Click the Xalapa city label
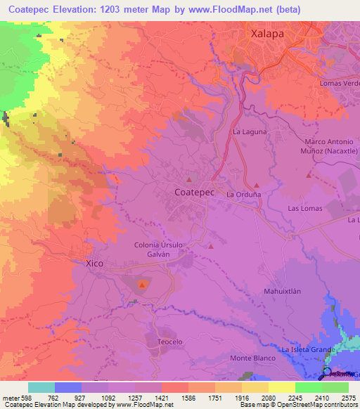(x=269, y=33)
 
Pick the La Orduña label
(x=243, y=194)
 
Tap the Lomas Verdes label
(x=340, y=84)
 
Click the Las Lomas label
(x=305, y=209)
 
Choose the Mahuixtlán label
(x=282, y=291)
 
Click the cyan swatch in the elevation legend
(x=41, y=387)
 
